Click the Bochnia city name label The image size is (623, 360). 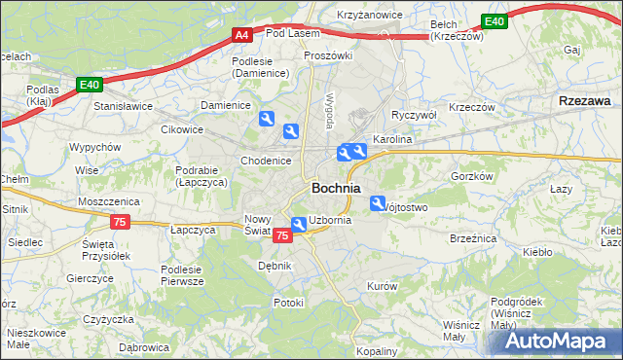coord(336,188)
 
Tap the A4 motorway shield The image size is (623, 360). coord(243,36)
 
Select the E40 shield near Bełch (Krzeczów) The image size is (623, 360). coord(494,21)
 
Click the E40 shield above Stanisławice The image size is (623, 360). coord(91,85)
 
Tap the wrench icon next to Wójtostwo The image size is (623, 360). coord(378,202)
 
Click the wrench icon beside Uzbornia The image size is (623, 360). coord(299,225)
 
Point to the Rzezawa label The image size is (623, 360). coord(585,100)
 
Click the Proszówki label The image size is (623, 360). coord(327,55)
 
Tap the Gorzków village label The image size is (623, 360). coord(473,177)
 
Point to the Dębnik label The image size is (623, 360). coord(275,266)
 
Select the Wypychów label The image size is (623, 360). coord(94,147)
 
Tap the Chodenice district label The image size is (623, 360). coord(266,161)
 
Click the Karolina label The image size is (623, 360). coord(392,140)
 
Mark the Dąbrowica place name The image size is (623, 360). coord(138,346)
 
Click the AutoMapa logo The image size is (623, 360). coord(561,341)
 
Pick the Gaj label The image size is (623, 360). coord(571,49)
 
